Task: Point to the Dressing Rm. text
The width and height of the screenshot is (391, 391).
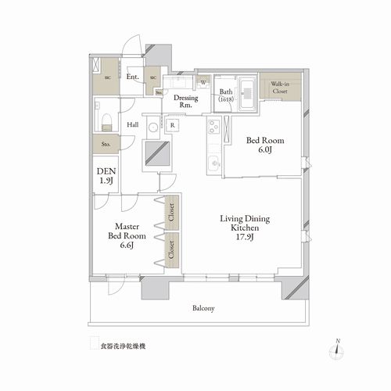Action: pos(185,102)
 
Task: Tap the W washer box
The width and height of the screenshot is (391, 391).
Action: pos(203,82)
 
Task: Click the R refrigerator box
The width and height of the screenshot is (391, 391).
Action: pos(171,125)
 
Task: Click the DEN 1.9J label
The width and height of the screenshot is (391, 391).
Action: pos(105,175)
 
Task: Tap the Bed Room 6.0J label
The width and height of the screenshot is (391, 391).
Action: pos(266,145)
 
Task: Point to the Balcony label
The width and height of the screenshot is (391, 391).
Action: pos(203,308)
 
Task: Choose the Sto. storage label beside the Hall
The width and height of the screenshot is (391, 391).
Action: pos(105,145)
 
